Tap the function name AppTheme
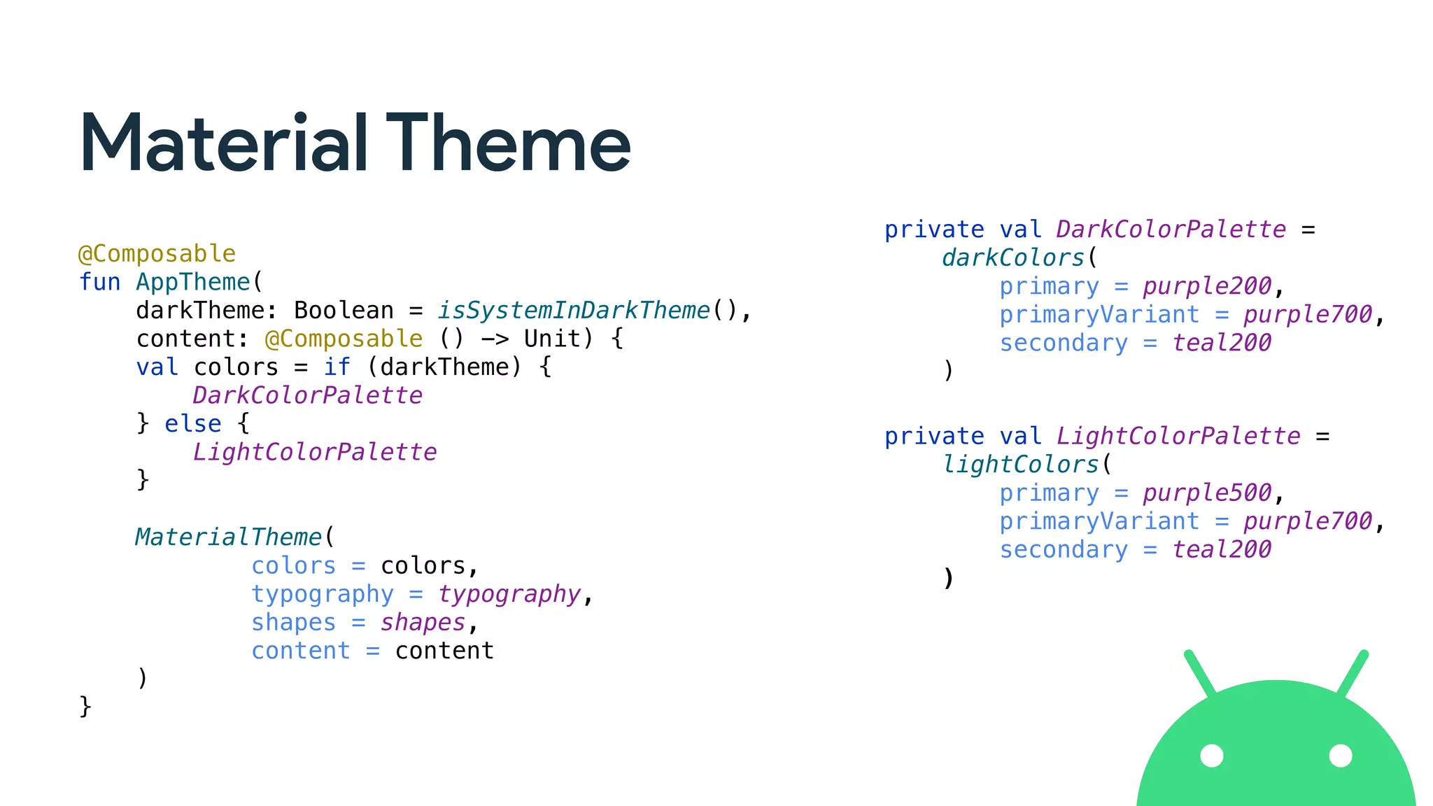pos(192,282)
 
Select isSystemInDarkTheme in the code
pos(574,310)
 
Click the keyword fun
pos(99,282)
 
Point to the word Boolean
pos(344,310)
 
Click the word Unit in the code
pos(552,339)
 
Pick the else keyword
pos(192,424)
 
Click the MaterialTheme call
pos(228,537)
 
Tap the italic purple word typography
pos(509,594)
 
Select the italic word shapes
pos(423,623)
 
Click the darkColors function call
pos(1013,257)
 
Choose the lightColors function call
pos(1020,465)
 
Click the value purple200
pos(1207,286)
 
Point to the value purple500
pos(1207,493)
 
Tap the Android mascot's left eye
pos(1212,756)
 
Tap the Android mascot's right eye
pos(1341,756)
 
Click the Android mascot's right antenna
pos(1352,674)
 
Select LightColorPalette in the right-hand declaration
pos(1178,437)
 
